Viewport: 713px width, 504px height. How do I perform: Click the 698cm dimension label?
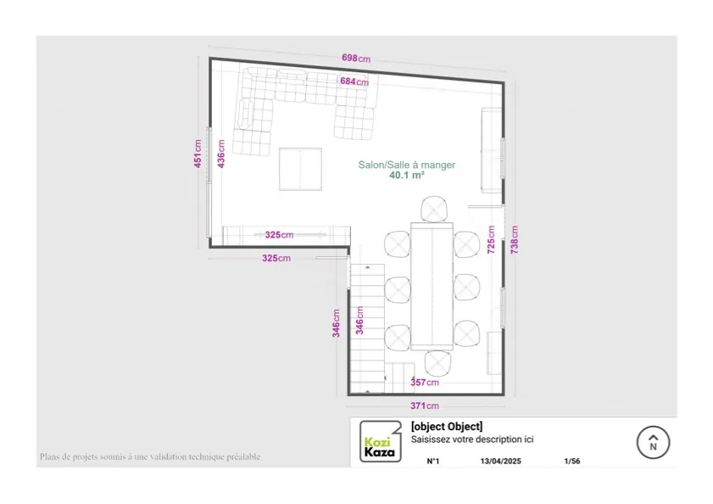356,59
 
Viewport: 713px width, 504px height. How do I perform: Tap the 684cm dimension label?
354,81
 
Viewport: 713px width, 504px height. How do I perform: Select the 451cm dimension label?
198,154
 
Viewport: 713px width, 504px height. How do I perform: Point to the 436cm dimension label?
221,154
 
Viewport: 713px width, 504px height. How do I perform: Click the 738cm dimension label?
514,240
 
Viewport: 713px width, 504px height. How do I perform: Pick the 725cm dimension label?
491,239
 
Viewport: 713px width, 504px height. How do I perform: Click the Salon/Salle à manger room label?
407,165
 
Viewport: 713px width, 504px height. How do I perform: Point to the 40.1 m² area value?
407,176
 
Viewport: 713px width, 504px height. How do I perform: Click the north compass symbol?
653,441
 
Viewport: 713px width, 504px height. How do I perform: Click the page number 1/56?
572,462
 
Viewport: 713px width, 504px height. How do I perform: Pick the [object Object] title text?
446,427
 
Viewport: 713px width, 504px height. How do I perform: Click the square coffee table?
300,169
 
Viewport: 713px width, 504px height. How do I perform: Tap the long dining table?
432,285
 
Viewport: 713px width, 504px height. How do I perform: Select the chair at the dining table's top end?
435,209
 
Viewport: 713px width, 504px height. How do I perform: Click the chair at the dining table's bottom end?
438,363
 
